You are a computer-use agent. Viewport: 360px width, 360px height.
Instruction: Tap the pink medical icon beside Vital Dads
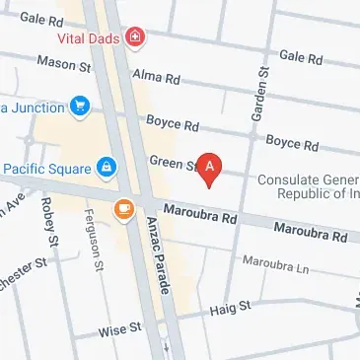pos(135,38)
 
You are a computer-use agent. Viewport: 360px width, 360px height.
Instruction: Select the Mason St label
pos(63,62)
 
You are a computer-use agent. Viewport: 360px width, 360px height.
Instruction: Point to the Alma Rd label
pos(158,77)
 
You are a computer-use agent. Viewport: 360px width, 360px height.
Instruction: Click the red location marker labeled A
pos(209,168)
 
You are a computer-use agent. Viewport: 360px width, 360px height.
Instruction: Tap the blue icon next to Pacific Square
pos(105,164)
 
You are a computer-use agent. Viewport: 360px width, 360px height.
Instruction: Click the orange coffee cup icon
pos(124,208)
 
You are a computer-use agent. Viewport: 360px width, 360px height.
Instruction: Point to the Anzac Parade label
pos(159,258)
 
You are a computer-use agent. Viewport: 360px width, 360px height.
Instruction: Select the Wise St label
pos(119,330)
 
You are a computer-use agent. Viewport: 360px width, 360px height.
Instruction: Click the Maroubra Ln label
pos(275,267)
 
